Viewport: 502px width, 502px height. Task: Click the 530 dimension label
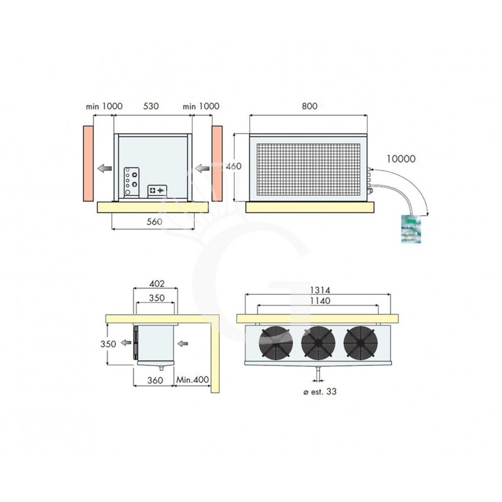tap(151, 107)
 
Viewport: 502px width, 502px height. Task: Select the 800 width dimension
tap(308, 107)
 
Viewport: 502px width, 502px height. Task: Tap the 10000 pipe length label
tap(401, 159)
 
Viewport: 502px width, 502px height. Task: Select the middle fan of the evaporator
tap(318, 343)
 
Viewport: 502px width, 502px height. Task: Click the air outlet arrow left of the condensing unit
tap(104, 168)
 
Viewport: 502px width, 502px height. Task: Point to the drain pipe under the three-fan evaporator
tap(318, 374)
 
